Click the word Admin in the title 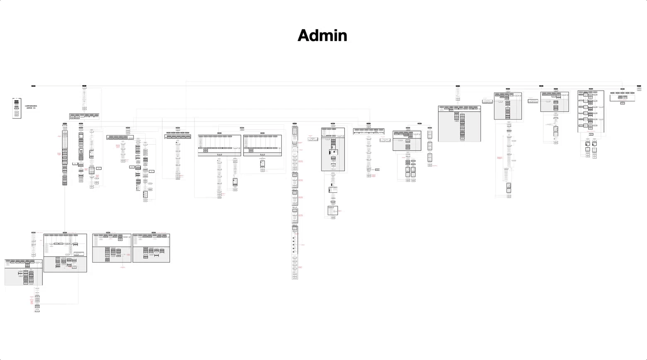point(322,36)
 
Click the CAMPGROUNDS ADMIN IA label point(31,107)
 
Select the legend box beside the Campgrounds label point(17,108)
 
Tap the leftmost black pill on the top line point(34,86)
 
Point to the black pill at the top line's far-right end point(639,86)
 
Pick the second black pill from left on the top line point(84,86)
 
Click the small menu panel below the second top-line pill point(84,117)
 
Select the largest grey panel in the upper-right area point(459,124)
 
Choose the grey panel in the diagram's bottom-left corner point(24,272)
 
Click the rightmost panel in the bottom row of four point(151,248)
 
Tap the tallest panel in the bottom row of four point(65,253)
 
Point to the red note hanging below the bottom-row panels point(123,268)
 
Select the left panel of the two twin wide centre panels point(219,145)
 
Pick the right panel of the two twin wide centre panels point(263,145)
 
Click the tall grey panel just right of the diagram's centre point(333,149)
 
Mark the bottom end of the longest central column point(295,278)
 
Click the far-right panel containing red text point(622,97)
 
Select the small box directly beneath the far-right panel point(623,103)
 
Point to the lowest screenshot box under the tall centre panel point(333,211)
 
